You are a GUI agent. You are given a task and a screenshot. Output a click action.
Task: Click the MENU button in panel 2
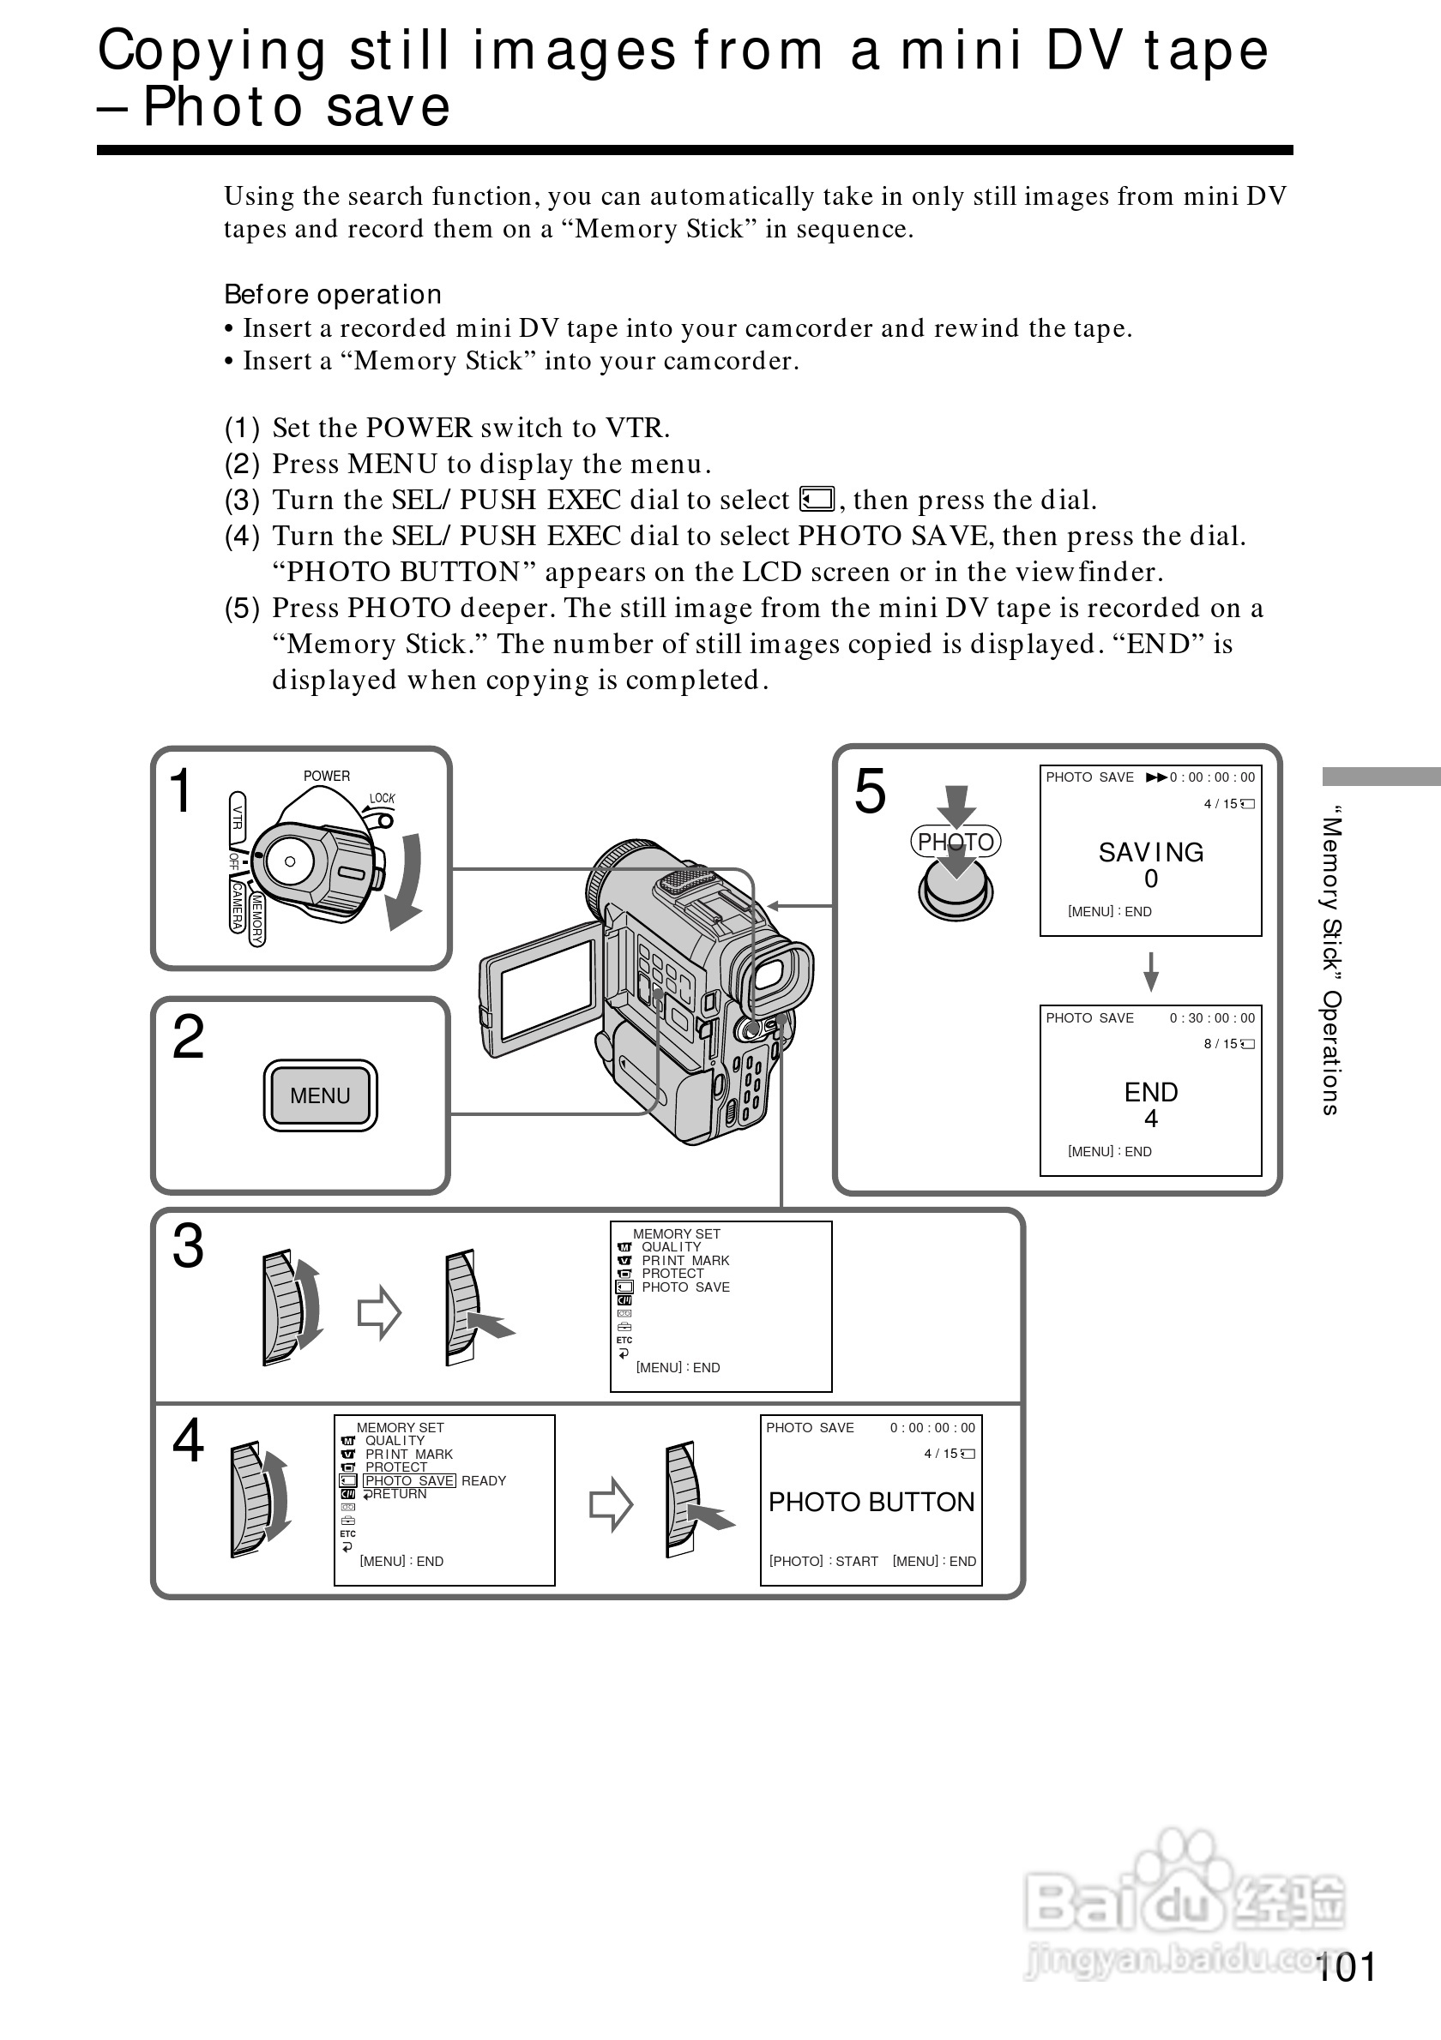(320, 1095)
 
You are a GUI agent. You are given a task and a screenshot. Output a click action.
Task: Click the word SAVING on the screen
(1150, 852)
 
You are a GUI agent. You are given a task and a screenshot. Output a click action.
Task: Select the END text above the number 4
(1150, 1092)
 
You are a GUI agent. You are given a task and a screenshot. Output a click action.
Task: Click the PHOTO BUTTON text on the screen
(871, 1503)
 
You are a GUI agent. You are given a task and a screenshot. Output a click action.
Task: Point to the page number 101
(1346, 1967)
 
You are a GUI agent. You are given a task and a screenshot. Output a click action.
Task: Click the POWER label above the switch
(326, 776)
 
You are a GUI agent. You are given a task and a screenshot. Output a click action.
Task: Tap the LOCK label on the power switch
(383, 798)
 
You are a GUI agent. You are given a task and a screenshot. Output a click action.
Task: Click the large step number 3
(188, 1245)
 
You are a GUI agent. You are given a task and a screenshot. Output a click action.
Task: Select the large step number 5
(870, 792)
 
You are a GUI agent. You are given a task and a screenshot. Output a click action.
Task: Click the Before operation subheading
(333, 294)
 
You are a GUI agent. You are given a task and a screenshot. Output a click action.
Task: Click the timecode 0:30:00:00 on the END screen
(1212, 1018)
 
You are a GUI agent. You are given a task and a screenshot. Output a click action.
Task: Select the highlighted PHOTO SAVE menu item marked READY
(409, 1481)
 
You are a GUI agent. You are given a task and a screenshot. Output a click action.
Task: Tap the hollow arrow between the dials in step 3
(379, 1311)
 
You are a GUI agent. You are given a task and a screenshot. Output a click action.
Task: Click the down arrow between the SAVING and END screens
(1150, 971)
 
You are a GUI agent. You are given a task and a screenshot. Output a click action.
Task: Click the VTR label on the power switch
(238, 816)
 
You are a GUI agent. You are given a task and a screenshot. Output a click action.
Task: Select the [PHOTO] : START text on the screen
(823, 1562)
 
